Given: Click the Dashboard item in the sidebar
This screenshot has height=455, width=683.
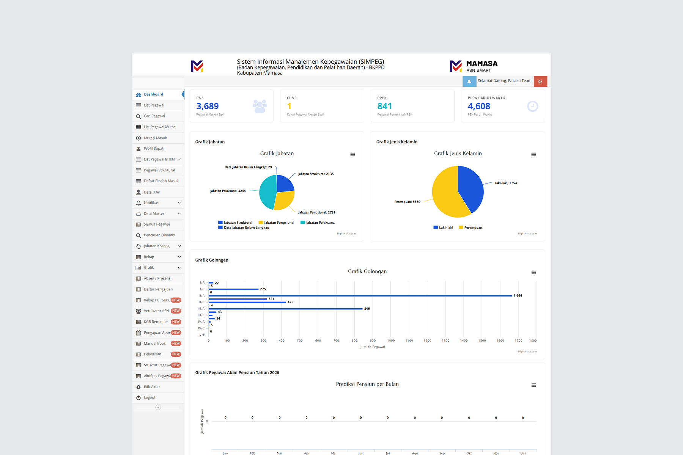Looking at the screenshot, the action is (153, 94).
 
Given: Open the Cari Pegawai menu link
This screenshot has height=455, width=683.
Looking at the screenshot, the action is (154, 116).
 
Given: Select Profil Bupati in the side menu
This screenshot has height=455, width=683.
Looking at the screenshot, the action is (154, 149).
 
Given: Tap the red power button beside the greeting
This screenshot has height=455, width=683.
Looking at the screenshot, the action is (540, 81).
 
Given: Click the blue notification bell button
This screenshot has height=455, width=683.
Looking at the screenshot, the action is (469, 81).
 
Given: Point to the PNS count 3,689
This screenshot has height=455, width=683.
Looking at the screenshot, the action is (208, 106).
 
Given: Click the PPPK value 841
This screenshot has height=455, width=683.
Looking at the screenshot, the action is (384, 106).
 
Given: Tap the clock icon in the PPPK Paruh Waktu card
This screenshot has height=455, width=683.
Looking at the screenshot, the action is (533, 106).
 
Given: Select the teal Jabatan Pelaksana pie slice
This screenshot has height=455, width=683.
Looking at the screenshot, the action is (267, 191).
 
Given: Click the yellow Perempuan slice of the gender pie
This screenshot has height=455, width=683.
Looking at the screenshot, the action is (444, 193).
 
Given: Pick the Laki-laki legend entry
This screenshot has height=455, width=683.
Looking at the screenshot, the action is (443, 227).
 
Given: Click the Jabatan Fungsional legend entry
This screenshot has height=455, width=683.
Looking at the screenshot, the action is (276, 223).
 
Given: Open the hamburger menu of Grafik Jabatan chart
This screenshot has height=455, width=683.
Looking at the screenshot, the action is (353, 154).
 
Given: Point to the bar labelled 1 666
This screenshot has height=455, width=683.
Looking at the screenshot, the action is (360, 296).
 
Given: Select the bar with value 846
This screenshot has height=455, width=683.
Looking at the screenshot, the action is (285, 309).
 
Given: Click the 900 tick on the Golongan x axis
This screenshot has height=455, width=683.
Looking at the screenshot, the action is (373, 340).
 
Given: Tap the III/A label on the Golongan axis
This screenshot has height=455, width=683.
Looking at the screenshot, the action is (201, 309).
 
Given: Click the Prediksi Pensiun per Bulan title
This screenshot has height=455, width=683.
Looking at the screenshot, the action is (367, 384).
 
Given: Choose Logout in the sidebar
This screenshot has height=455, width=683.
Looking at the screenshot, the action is (150, 398).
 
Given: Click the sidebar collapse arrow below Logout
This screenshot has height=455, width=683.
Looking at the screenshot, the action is (158, 407).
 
